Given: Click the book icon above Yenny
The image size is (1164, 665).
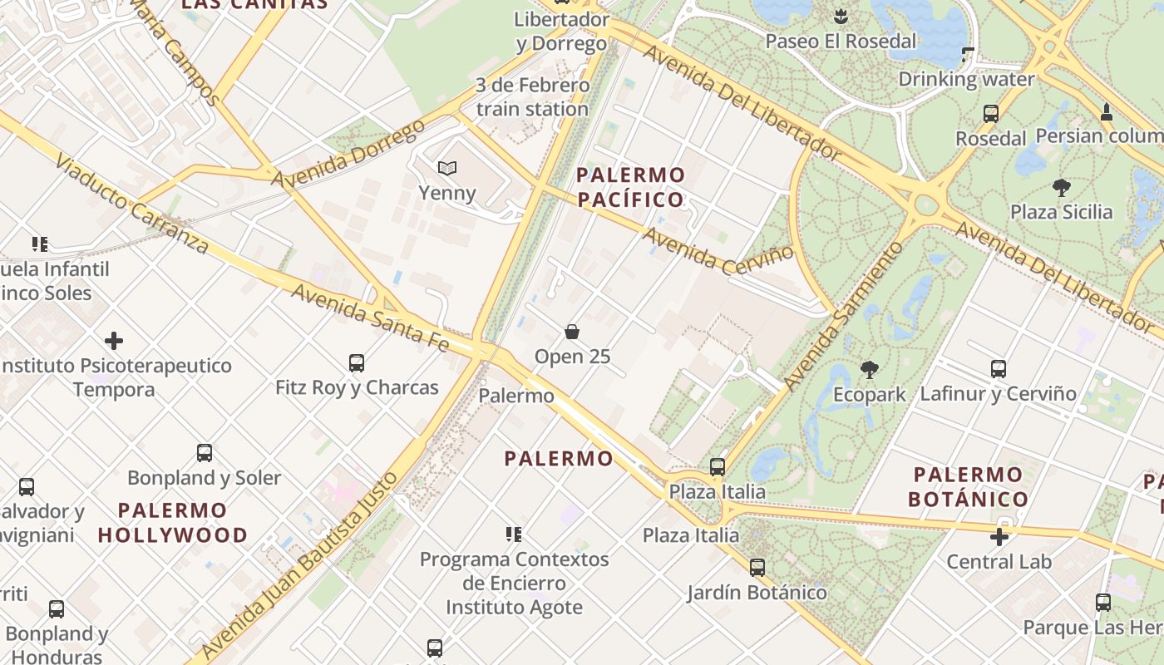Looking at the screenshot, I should (447, 168).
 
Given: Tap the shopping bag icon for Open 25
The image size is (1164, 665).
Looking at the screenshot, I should (572, 332).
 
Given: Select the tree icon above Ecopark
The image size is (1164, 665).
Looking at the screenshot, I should (870, 368).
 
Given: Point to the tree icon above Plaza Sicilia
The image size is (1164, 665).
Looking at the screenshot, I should (1061, 187).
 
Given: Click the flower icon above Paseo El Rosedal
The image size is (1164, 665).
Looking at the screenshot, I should (841, 16).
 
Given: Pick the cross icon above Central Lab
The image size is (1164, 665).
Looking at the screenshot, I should (999, 536).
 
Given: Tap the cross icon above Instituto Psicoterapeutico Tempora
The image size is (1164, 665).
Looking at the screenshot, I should (114, 341).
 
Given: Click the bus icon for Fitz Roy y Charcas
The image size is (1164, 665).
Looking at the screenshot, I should (357, 362).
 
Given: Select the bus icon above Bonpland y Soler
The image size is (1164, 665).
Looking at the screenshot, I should (205, 453).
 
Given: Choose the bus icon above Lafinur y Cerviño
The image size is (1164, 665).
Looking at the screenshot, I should (999, 368).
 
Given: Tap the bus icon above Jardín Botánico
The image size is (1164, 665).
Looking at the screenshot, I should (757, 568).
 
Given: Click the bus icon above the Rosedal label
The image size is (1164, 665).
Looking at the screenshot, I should (990, 114).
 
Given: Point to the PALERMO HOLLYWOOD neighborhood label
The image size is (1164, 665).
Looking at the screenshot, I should (173, 523).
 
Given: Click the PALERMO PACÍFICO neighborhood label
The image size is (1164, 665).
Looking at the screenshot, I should (631, 187).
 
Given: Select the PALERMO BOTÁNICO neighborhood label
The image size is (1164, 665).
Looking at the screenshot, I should (969, 487).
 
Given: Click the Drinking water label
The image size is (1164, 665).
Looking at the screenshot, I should (966, 80).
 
